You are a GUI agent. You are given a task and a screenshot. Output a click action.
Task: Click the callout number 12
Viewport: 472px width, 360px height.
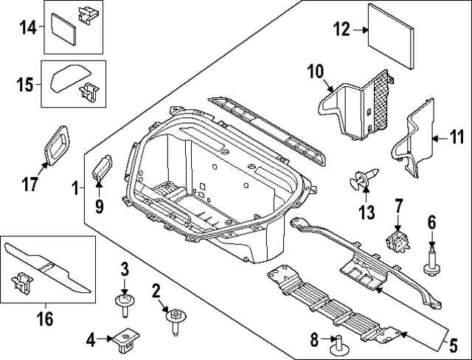(x=340, y=30)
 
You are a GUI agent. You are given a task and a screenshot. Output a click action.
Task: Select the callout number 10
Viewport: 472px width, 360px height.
(x=316, y=72)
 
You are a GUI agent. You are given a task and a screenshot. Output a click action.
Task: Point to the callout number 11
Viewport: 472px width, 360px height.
(x=457, y=137)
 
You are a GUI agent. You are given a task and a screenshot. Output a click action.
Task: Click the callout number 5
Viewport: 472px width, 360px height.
(x=454, y=345)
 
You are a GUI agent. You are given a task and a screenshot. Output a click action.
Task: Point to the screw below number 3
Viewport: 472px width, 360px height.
(x=124, y=302)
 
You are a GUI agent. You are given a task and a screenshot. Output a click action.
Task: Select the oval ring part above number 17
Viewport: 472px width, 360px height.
(x=60, y=142)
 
